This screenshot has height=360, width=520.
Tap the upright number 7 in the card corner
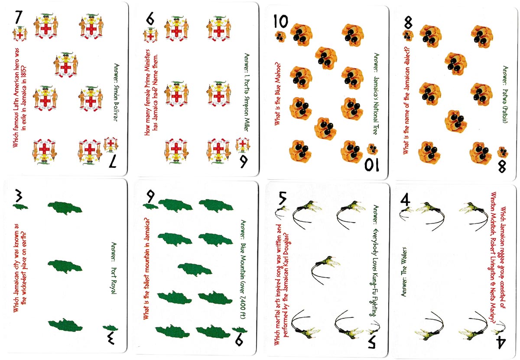pos(19,17)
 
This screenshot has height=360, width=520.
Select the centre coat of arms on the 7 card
pos(66,65)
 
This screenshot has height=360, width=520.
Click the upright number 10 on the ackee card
pos(281,21)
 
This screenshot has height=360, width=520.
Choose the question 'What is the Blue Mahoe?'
pos(278,94)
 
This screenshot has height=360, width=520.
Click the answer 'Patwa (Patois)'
pos(505,106)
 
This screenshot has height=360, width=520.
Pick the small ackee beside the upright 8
pos(408,36)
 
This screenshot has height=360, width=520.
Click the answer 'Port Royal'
pos(114,281)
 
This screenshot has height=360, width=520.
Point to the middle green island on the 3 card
pos(65,267)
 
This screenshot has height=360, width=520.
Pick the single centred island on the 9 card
pos(195,270)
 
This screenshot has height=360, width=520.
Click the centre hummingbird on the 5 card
pos(325,270)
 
